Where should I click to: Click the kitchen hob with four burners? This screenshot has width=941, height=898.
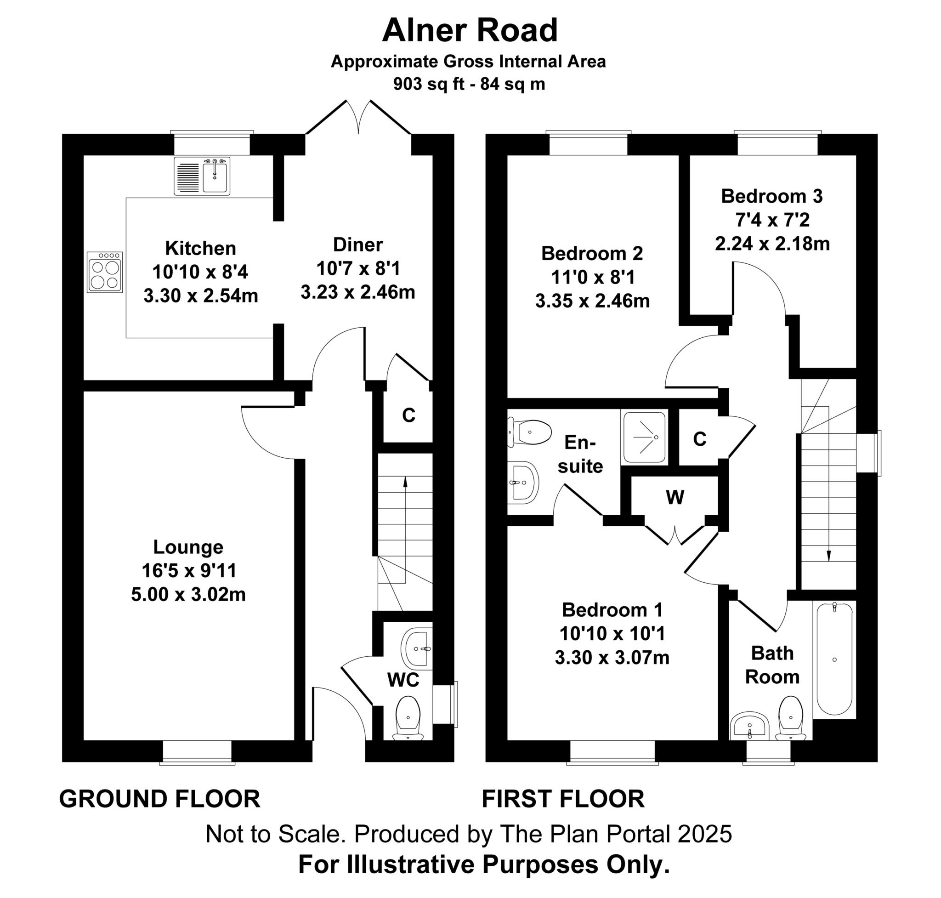104,272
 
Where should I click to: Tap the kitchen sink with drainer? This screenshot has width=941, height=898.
202,176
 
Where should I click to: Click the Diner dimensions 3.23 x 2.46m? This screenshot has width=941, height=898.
357,292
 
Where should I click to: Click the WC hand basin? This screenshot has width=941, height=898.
417,648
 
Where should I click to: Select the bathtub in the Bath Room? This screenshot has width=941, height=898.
834,659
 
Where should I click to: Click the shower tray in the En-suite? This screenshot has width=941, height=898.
644,437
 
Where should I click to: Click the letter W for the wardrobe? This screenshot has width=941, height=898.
675,498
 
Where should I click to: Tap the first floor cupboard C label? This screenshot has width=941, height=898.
699,439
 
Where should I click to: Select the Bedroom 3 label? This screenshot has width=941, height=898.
771,196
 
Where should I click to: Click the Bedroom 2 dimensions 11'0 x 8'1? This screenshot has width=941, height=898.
593,277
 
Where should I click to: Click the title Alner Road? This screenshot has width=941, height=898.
470,30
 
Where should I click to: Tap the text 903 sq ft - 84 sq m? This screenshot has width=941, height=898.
469,84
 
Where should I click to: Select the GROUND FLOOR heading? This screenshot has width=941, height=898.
159,799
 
